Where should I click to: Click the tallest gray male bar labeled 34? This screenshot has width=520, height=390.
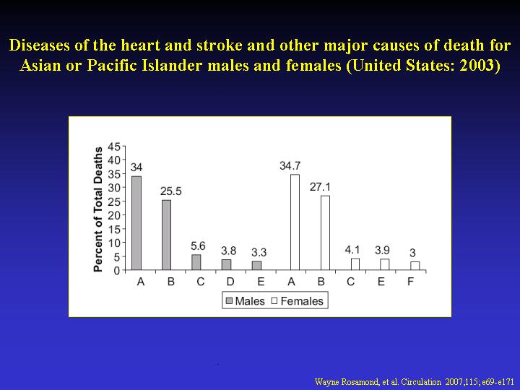[136, 223]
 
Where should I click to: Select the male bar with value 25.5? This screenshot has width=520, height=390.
[167, 235]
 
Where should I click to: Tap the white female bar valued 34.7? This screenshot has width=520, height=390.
[295, 222]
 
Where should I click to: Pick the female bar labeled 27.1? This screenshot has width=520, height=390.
[325, 233]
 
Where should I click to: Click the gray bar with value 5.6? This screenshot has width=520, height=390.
[196, 262]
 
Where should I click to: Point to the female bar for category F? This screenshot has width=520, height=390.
[415, 266]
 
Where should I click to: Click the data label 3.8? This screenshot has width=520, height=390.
[228, 251]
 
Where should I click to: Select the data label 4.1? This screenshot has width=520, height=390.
[352, 250]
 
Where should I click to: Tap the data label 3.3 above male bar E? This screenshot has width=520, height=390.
[259, 252]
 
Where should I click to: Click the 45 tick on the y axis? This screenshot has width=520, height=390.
[114, 146]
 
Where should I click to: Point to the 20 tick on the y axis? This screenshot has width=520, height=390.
[114, 215]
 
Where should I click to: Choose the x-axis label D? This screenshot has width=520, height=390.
[230, 282]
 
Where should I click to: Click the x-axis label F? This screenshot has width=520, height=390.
[410, 282]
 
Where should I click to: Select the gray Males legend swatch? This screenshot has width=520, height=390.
[229, 300]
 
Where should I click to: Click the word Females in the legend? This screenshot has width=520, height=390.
[302, 300]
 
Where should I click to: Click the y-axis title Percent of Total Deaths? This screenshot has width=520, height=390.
[97, 209]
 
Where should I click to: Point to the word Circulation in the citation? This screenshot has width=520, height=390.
[421, 382]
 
